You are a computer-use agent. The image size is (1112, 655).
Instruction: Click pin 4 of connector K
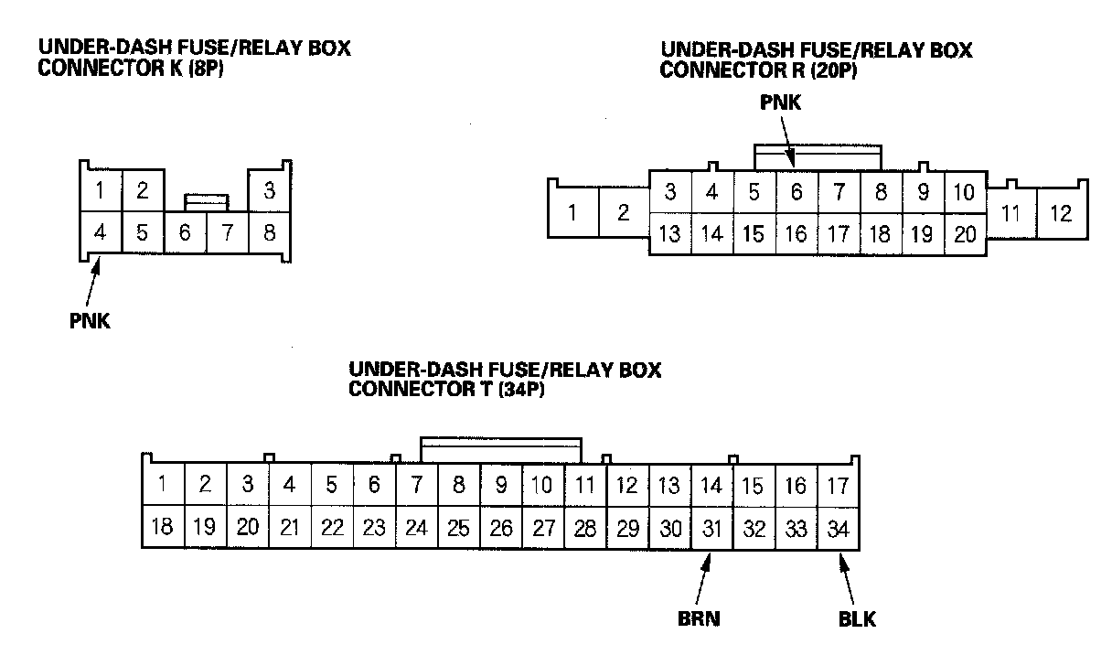pos(101,232)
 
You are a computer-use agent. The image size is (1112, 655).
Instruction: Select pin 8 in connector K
pos(269,232)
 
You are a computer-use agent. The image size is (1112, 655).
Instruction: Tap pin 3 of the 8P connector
pos(269,191)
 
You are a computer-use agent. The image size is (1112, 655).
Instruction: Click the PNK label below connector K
pos(90,321)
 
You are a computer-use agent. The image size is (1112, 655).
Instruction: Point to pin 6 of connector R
pos(796,192)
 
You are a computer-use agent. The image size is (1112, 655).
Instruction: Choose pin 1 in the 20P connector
pos(572,213)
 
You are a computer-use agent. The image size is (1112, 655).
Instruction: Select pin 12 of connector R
pos(1061,213)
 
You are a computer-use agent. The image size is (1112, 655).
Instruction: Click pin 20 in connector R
pos(965,233)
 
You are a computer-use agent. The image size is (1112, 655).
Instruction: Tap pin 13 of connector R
pos(669,233)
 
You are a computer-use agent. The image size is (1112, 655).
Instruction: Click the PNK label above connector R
pos(780,103)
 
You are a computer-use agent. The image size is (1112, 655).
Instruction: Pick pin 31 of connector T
pos(711,528)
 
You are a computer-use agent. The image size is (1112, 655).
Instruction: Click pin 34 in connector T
pos(838,528)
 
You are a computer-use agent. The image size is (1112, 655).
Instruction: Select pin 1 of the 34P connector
pos(163,484)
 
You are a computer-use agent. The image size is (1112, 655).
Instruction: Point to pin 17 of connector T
pos(838,484)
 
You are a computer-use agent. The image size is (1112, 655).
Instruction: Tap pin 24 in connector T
pos(416,528)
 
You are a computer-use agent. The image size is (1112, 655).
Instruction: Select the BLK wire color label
pos(857,619)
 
